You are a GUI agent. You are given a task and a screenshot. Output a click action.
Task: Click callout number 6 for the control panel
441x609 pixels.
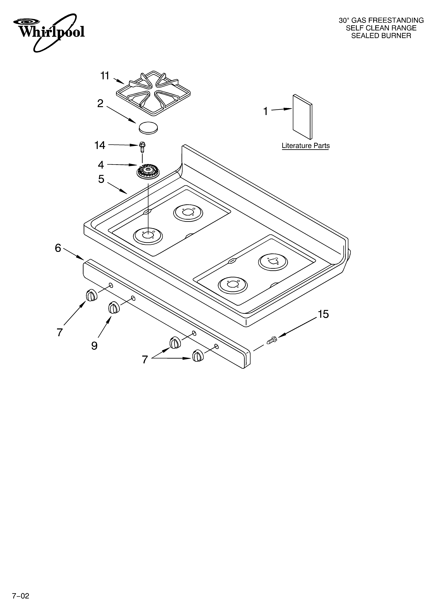tap(58, 248)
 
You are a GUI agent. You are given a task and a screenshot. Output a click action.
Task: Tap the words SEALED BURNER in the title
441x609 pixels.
tap(381, 36)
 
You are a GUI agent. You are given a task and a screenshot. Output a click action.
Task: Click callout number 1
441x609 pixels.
tap(265, 111)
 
